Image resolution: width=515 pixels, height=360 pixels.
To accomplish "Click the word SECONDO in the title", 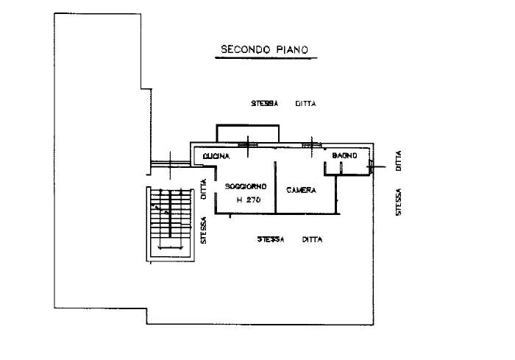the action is tap(246, 49).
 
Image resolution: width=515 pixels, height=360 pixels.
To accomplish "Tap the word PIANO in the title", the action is tap(292, 49).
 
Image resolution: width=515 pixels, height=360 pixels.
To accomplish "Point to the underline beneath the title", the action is tap(266, 58).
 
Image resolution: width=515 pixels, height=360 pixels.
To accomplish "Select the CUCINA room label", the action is tap(216, 157).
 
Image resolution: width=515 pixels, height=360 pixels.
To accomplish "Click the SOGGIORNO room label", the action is tap(246, 186).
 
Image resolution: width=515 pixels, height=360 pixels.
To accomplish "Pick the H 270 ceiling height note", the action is tap(249, 200).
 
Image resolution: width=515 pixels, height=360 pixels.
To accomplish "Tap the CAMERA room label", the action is tap(301, 190).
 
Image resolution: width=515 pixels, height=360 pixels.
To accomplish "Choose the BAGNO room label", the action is tap(344, 155).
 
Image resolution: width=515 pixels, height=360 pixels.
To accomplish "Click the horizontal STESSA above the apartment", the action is tap(265, 104).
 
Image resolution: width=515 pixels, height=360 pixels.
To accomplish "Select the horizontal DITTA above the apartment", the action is tap(306, 104).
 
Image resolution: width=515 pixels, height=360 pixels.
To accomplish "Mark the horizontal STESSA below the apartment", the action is tap(271, 239).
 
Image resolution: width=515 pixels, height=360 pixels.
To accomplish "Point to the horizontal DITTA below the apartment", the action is tap(313, 239).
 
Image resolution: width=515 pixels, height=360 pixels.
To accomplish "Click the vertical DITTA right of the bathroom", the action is tap(399, 160).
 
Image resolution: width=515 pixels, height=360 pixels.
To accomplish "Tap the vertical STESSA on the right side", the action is tap(399, 202).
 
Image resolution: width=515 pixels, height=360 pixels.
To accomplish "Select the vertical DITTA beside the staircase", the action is tap(204, 189).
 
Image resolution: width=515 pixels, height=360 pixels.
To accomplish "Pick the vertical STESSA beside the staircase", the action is tap(204, 230).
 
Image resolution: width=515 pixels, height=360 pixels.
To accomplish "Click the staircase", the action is tap(170, 225).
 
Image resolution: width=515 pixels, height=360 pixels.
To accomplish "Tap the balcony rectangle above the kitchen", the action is tap(248, 125).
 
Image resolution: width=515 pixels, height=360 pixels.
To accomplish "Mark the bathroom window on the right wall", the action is tap(371, 166).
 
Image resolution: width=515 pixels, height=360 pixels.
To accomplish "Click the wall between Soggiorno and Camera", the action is tap(275, 188).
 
